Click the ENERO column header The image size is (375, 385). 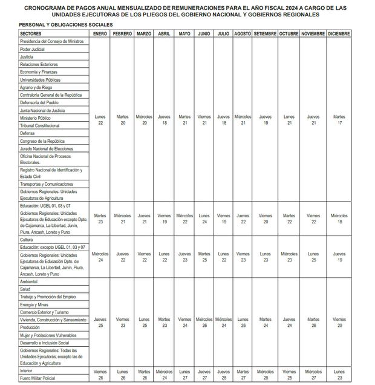(100, 33)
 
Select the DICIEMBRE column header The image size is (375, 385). (339, 33)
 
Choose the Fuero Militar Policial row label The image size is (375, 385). (37, 378)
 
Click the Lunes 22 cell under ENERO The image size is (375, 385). (100, 119)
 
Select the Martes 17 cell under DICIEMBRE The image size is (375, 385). (339, 119)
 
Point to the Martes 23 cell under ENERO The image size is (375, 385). (100, 219)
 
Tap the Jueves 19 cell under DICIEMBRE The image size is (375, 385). (339, 257)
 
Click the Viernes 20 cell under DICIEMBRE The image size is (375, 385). (339, 322)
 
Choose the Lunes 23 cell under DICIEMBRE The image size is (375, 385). (339, 375)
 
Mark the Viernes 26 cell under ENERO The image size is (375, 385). (100, 375)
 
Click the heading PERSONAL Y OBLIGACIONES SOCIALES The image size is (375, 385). (57, 24)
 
